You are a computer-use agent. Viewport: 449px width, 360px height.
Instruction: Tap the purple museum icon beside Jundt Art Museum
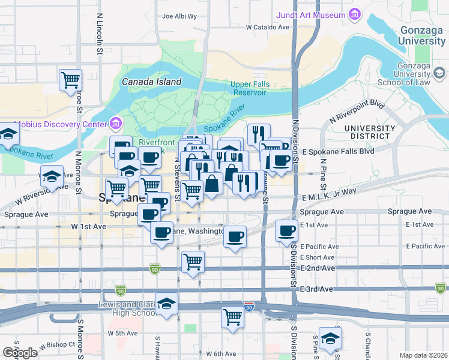[355, 13]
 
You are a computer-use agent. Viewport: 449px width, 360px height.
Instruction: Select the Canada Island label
[151, 82]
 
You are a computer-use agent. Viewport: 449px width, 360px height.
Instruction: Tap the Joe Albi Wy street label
[179, 16]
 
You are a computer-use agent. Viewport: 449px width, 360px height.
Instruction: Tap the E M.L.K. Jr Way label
[330, 190]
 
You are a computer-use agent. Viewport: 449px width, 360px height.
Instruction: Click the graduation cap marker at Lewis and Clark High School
[166, 304]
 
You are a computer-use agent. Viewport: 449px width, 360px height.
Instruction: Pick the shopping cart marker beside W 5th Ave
[232, 317]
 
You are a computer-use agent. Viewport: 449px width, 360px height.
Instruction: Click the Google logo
[20, 353]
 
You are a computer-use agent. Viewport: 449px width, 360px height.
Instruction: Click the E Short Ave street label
[318, 257]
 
